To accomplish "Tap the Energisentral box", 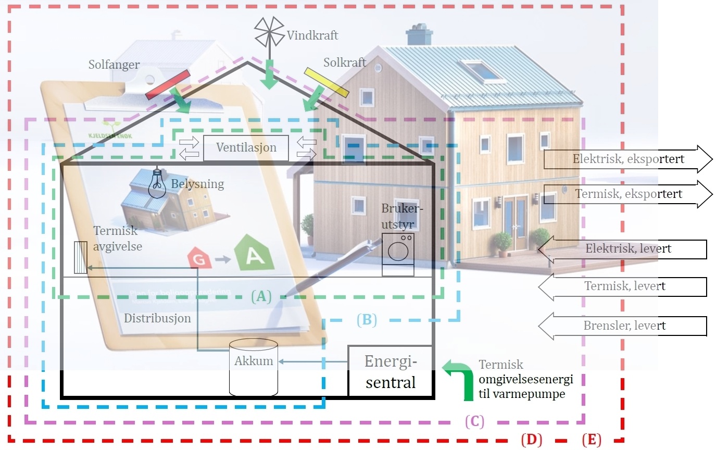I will [391, 371].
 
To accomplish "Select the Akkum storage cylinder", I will [254, 367].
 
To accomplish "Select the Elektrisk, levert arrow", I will [622, 249].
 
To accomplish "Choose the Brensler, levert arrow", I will [622, 327].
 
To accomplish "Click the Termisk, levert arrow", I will [622, 286].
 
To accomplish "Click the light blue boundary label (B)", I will [366, 319].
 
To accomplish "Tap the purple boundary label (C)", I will [474, 421].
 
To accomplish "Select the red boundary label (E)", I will [592, 440].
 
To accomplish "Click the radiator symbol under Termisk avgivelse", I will [80, 258].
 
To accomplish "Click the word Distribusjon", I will [157, 318].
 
